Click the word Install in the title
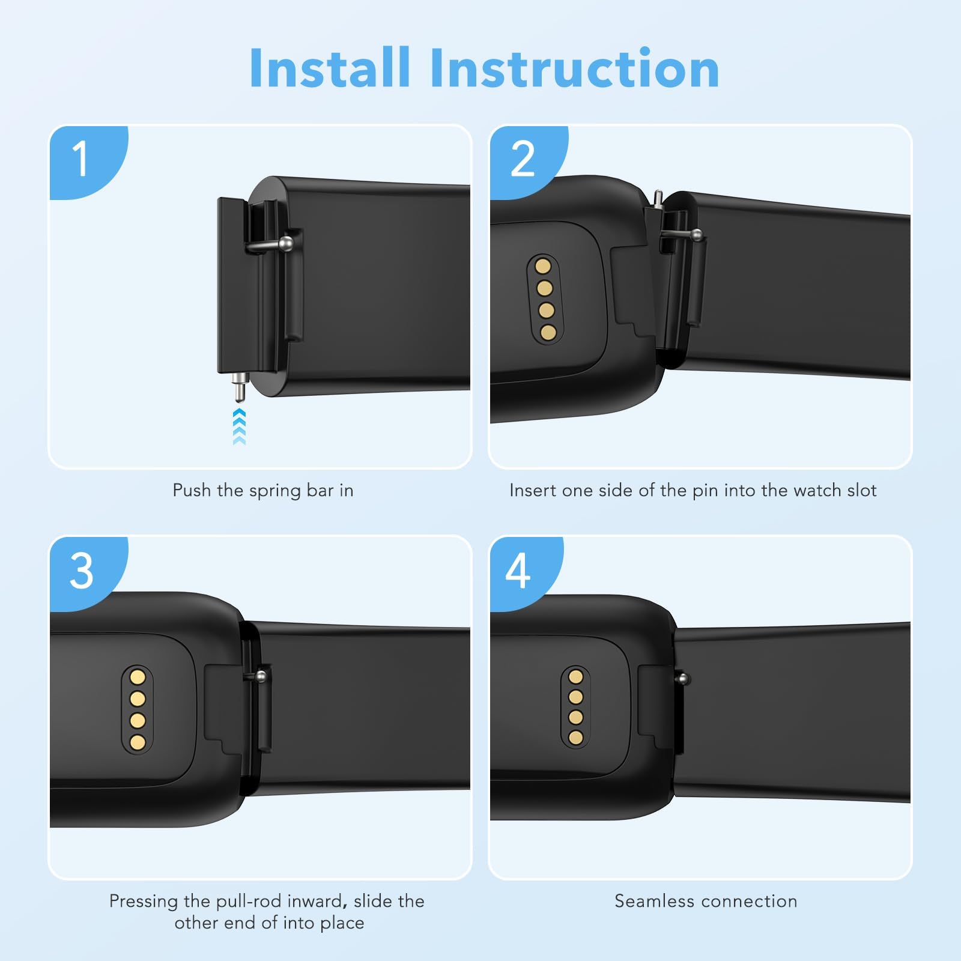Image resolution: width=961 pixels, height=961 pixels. coord(329,68)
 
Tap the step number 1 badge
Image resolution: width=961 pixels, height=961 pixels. coord(81,159)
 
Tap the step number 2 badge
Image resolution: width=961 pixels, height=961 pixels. coord(522,159)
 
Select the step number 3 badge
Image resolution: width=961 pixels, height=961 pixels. coord(82,571)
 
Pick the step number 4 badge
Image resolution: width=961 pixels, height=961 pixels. coord(518,571)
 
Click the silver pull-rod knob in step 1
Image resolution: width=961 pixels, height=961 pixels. coord(288,243)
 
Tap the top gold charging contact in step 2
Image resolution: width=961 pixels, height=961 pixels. coord(544,266)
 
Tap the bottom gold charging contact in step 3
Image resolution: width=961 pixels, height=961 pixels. coord(138,742)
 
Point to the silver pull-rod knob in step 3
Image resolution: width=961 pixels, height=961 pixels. coord(261,678)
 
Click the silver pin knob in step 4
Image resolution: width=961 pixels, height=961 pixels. coord(682,679)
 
